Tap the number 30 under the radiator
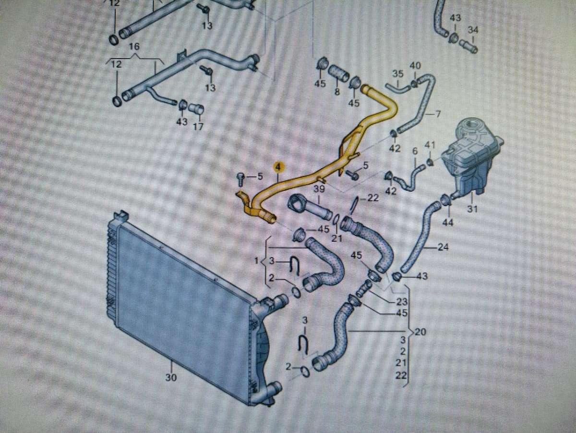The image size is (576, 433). (x=171, y=378)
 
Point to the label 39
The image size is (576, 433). (x=319, y=189)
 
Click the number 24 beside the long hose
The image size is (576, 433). (x=444, y=248)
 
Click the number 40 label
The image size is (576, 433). (x=416, y=65)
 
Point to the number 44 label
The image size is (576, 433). (x=448, y=223)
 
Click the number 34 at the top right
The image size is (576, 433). (x=473, y=30)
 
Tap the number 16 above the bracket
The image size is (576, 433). (x=134, y=47)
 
